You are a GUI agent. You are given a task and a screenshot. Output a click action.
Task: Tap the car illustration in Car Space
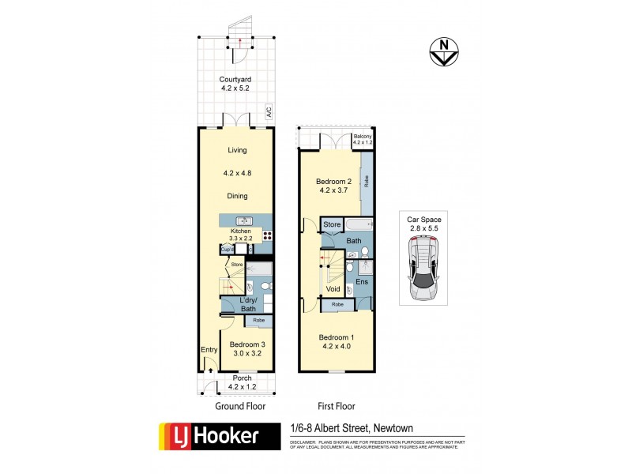tap(424, 270)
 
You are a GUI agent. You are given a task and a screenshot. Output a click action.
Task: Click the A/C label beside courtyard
tap(269, 111)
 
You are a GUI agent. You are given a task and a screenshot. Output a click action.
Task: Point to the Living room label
tap(237, 150)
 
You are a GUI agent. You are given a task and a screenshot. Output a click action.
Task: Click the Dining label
tap(237, 196)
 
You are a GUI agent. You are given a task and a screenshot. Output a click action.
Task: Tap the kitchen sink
tap(244, 220)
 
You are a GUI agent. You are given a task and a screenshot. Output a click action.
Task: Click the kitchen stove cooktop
tap(268, 235)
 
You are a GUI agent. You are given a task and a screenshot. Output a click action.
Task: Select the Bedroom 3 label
tap(246, 344)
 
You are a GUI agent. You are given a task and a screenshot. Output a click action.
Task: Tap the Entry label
tap(209, 350)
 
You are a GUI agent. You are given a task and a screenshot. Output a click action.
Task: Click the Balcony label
tap(363, 137)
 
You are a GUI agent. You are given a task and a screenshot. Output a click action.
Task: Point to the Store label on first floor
tap(332, 225)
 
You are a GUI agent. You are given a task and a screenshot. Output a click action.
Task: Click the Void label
tap(333, 289)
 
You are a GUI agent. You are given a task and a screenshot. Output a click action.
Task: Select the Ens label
tap(363, 281)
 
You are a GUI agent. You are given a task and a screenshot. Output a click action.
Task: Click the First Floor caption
tap(336, 406)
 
